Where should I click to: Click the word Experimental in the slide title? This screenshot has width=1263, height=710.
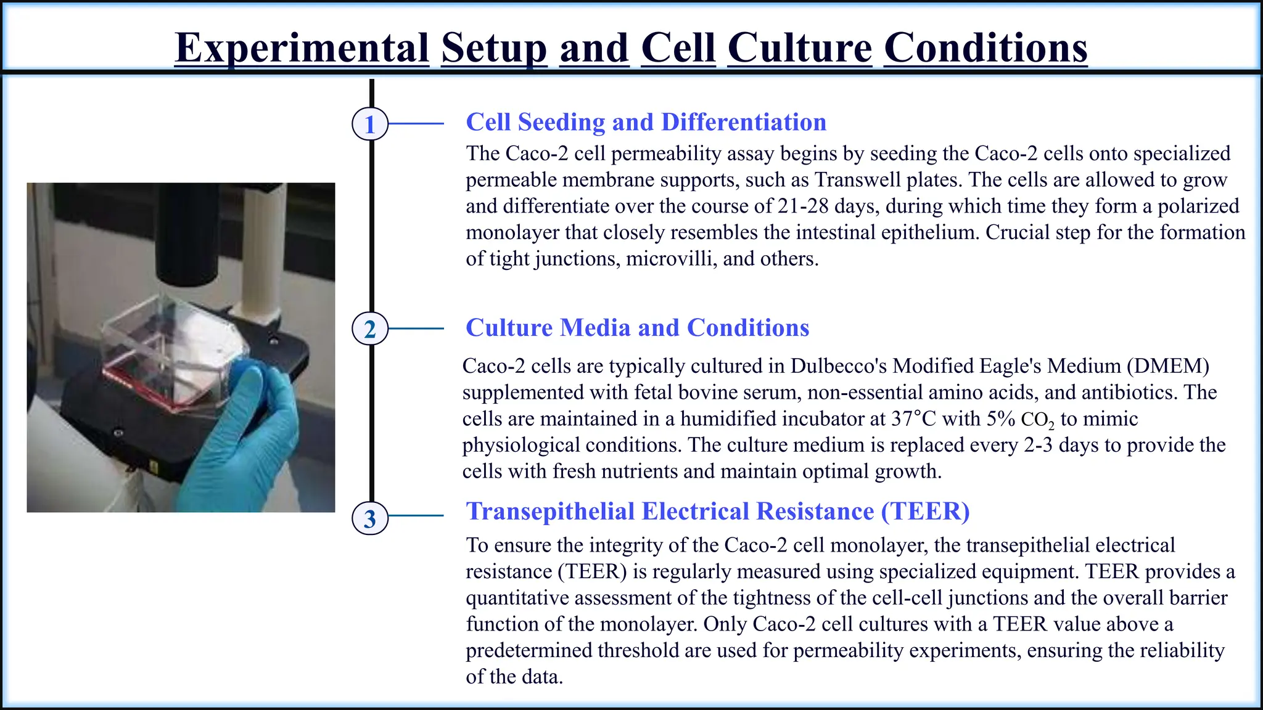(x=302, y=47)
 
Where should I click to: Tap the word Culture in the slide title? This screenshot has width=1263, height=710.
(x=799, y=47)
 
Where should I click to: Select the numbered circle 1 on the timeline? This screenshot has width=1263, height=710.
(x=369, y=124)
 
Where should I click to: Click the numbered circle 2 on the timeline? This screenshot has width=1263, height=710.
(x=369, y=328)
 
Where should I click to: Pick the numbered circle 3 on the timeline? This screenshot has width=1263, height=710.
(x=369, y=518)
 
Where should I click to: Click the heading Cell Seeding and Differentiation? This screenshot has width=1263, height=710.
(x=646, y=122)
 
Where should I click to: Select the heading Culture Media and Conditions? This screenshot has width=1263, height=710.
(x=637, y=327)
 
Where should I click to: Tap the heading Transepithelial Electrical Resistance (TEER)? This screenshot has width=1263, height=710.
(x=717, y=511)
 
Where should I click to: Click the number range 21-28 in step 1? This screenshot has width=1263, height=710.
(x=802, y=206)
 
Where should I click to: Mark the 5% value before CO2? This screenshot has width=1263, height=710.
(x=1001, y=419)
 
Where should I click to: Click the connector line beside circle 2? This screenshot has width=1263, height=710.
(x=416, y=328)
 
